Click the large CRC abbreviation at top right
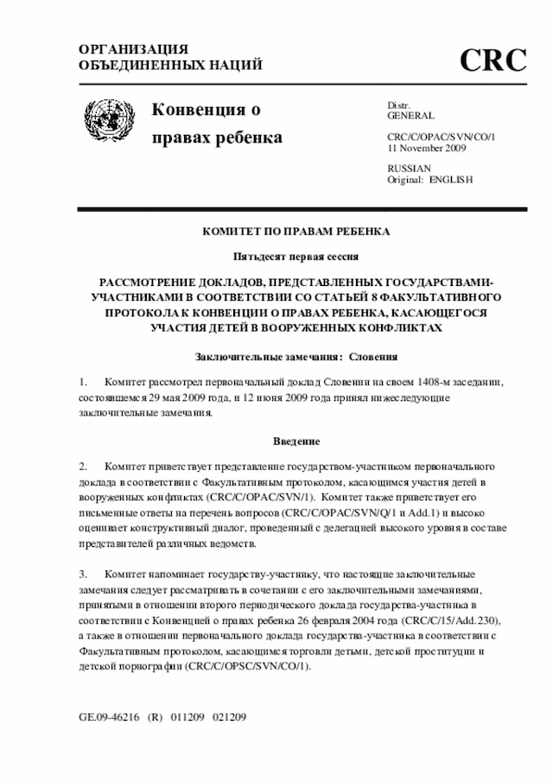coord(493,60)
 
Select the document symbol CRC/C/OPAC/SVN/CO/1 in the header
coord(441,137)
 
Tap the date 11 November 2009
coord(427,148)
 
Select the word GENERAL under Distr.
coord(410,116)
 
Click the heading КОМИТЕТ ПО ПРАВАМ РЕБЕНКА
coord(296,232)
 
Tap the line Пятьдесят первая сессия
coord(296,257)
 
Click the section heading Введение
coord(296,441)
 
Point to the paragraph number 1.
coord(83,382)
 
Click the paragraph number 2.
coord(83,466)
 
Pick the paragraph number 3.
coord(83,574)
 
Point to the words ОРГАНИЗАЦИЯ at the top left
coord(134,50)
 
